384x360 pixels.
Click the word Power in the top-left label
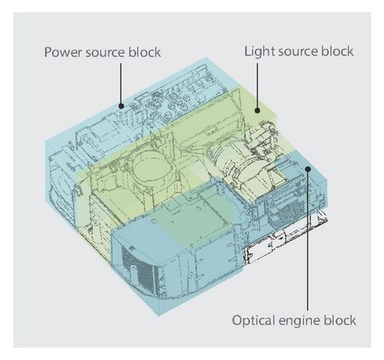(63, 52)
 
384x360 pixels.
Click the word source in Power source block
(105, 53)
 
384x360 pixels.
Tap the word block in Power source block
(145, 52)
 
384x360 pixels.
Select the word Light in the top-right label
(259, 52)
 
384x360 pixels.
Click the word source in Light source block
(298, 52)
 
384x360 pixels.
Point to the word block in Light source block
(337, 51)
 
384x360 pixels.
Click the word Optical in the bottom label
(253, 321)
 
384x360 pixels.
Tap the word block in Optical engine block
(340, 320)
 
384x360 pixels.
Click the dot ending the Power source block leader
(121, 106)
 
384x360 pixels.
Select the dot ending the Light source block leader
(257, 110)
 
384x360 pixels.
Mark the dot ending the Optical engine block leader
(308, 169)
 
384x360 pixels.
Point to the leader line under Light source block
(257, 85)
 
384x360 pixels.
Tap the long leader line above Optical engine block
(307, 241)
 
